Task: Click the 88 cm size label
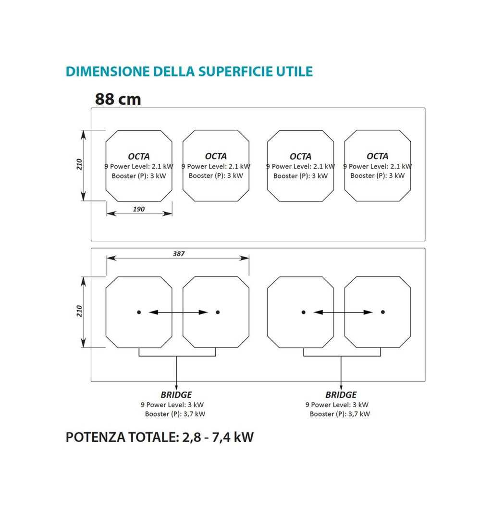coord(118,99)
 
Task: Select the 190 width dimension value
coord(139,209)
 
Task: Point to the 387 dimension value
coord(179,254)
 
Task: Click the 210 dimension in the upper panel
coord(79,164)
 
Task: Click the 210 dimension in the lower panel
coord(79,311)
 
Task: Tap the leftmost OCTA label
coord(139,156)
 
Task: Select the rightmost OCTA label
coord(378,156)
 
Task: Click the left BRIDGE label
coord(176,395)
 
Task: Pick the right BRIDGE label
coord(341,395)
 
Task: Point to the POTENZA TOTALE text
coord(123,437)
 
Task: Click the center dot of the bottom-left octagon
coord(139,312)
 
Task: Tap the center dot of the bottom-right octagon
coord(383,312)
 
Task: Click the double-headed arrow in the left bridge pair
coord(178,312)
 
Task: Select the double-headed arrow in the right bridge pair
coord(343,312)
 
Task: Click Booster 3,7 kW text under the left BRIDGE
coord(175,414)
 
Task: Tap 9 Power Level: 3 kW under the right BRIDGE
coord(336,405)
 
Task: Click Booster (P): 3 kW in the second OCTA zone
coord(216,175)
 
